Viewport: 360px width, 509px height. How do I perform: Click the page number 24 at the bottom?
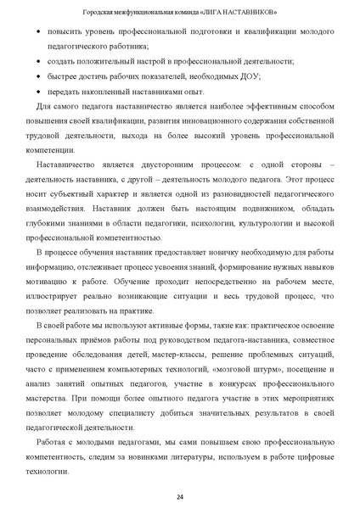coord(180,496)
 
